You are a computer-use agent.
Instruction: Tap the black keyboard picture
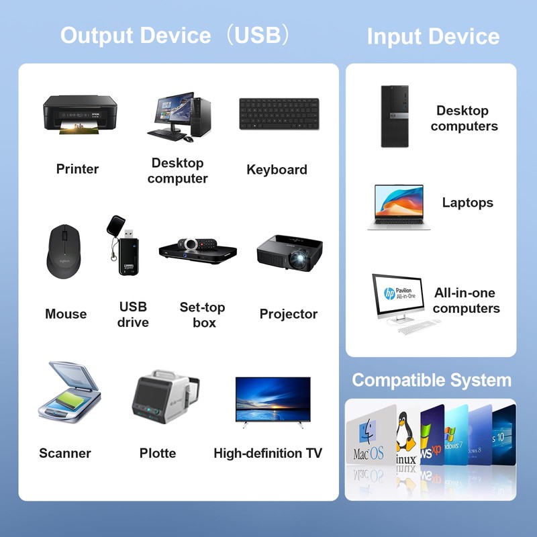tap(279, 114)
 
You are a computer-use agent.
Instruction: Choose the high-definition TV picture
tap(273, 399)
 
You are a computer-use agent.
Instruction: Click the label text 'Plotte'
tap(158, 453)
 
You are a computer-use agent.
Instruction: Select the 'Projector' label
tap(289, 313)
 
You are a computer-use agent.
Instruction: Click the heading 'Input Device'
tap(433, 36)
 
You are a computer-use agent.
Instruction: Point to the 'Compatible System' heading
tap(432, 380)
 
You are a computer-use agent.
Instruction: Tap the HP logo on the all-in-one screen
tap(389, 293)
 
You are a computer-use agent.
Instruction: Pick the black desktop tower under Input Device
tap(394, 115)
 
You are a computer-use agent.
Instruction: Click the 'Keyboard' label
tap(277, 170)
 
